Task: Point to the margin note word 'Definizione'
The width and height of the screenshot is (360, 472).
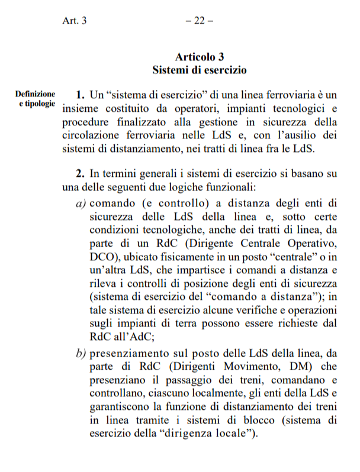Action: click(36, 93)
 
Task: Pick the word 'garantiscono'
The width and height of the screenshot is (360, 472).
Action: click(124, 406)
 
